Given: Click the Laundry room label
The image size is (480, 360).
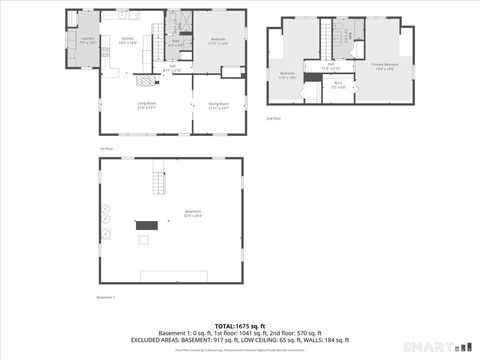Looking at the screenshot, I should [87, 40].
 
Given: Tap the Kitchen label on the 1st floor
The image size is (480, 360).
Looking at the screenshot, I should [128, 40].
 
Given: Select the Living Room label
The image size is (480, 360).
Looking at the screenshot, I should [146, 105].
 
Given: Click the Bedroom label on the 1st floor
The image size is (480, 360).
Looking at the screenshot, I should [218, 40].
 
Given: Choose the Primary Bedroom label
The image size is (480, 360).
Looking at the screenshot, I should [385, 66].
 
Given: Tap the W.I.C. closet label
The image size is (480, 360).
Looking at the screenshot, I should [338, 85].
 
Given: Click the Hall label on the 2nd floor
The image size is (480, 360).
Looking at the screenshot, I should [331, 66].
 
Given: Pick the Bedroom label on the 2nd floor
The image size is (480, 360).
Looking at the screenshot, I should [287, 75].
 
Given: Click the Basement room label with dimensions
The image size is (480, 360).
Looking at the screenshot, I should [193, 213].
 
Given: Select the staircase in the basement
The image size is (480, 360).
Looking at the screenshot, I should [158, 183].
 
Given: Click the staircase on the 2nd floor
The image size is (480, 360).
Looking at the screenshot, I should [325, 42].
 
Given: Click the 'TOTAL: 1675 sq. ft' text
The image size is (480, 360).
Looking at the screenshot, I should [240, 326].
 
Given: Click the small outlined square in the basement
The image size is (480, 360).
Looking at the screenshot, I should [144, 240].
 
